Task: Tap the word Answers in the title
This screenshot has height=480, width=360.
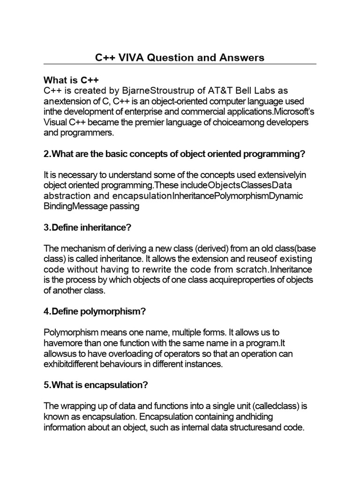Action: click(x=240, y=58)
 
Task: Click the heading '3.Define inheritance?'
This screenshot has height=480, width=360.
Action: click(x=88, y=228)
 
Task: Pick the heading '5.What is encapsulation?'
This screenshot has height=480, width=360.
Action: click(x=96, y=385)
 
